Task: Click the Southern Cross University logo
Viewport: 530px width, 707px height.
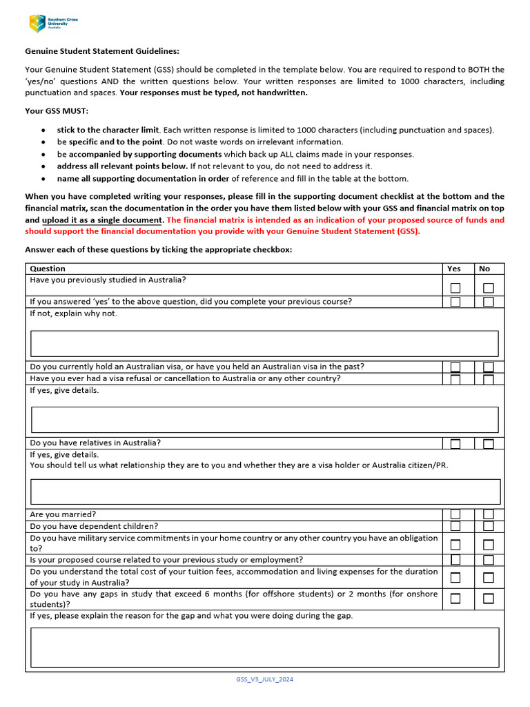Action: click(53, 23)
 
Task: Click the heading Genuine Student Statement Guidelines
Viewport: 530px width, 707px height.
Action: click(102, 51)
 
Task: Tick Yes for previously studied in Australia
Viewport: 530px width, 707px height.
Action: click(455, 287)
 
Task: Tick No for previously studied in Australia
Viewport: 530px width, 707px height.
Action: click(489, 287)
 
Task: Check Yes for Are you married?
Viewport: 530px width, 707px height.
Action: click(455, 514)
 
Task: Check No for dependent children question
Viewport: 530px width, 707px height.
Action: click(489, 526)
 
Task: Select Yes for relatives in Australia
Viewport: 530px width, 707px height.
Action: click(455, 443)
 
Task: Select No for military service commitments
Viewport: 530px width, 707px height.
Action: click(489, 544)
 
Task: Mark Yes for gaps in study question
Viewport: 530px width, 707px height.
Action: click(455, 599)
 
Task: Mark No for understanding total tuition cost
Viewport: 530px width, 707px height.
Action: click(489, 577)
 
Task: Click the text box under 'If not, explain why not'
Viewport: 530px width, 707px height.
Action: click(264, 343)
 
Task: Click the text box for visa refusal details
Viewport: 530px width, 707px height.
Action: click(264, 419)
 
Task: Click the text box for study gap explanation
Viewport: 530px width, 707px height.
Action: click(264, 647)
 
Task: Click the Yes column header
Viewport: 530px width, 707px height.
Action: click(454, 269)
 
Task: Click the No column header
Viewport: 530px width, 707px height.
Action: click(484, 269)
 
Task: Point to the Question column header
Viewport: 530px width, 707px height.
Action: click(48, 269)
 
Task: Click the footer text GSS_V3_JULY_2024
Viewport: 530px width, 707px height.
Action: click(264, 679)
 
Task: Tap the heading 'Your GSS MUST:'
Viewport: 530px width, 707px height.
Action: click(57, 110)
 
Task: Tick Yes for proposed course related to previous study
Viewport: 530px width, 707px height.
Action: click(455, 560)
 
